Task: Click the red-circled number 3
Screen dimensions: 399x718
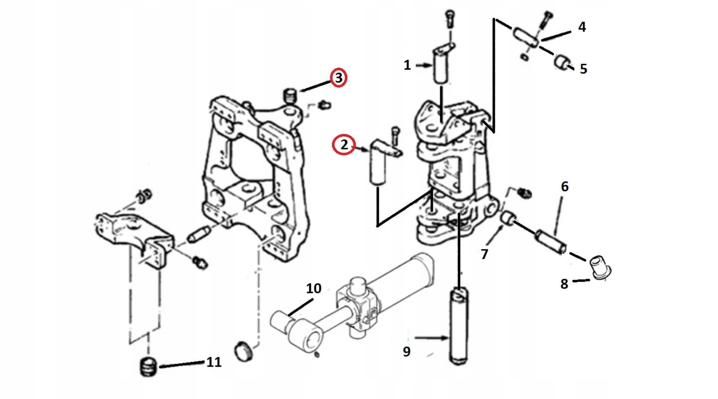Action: tap(338, 78)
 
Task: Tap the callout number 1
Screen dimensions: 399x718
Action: tap(407, 65)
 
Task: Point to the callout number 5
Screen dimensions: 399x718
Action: tap(583, 69)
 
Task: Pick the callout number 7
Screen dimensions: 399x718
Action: tap(484, 255)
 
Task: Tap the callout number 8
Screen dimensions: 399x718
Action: tap(564, 284)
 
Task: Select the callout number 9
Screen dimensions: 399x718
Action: tap(407, 351)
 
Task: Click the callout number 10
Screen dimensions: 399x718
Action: tap(314, 288)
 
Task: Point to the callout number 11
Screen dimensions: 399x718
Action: tap(213, 363)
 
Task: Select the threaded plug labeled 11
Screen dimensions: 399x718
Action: tap(148, 367)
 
